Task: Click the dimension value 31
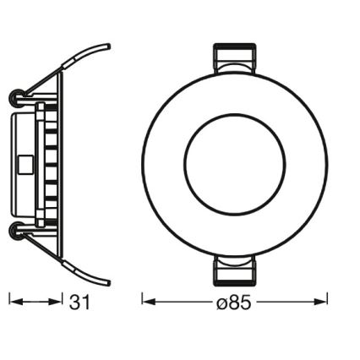80,301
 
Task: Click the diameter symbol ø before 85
222,301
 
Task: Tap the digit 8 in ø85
235,301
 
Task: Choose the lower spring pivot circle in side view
14,229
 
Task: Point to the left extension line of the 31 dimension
9,300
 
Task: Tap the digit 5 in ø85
246,301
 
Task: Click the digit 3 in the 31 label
75,301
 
